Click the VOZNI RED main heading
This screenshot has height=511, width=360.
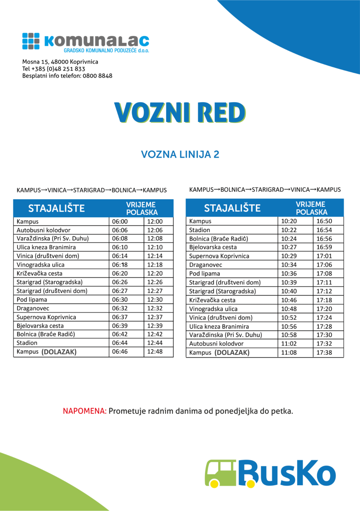tap(180, 113)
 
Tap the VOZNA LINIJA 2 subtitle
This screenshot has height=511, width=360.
tap(180, 154)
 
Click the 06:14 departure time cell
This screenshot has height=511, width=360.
tap(120, 256)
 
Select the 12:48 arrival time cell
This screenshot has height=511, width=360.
tap(155, 352)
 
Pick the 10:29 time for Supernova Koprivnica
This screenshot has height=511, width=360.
tap(289, 256)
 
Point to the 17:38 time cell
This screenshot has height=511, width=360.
tap(324, 352)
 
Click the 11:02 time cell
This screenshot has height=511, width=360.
tap(289, 344)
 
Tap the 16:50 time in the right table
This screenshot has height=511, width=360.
tap(324, 221)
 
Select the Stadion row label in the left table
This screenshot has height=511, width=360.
tap(27, 343)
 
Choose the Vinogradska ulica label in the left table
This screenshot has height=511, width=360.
tap(40, 265)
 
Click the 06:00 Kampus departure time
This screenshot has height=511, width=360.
tap(120, 222)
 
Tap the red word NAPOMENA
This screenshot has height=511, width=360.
tap(84, 411)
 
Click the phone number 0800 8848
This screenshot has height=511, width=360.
tap(98, 76)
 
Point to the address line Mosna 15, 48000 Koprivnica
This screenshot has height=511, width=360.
tap(60, 62)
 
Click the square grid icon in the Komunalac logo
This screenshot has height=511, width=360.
tap(31, 41)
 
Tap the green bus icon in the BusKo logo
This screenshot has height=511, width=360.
tap(221, 474)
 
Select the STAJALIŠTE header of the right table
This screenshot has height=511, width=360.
tap(232, 208)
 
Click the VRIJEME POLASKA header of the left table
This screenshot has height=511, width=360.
tap(141, 209)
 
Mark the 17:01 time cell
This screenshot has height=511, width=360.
tap(324, 256)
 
